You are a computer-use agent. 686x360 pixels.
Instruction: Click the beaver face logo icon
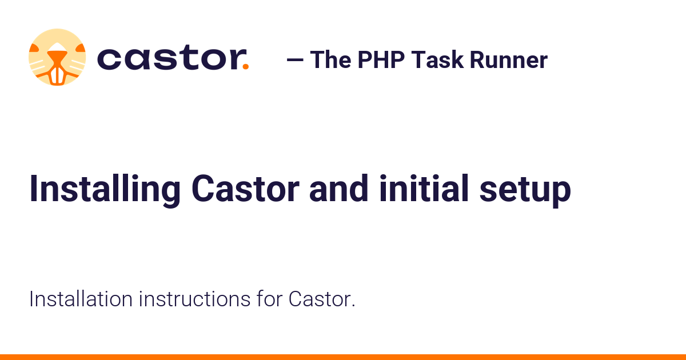[57, 57]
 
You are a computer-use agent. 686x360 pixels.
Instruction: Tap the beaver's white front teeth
[57, 75]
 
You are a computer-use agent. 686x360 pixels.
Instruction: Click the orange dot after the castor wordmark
[246, 67]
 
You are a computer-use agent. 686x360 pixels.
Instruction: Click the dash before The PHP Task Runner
[294, 60]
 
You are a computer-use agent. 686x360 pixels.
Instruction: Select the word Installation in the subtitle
[79, 299]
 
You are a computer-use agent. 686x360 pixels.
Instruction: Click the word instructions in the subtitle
[194, 299]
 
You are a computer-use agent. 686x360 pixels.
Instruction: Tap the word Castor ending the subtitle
[321, 299]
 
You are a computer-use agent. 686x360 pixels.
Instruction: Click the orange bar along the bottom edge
[343, 357]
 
